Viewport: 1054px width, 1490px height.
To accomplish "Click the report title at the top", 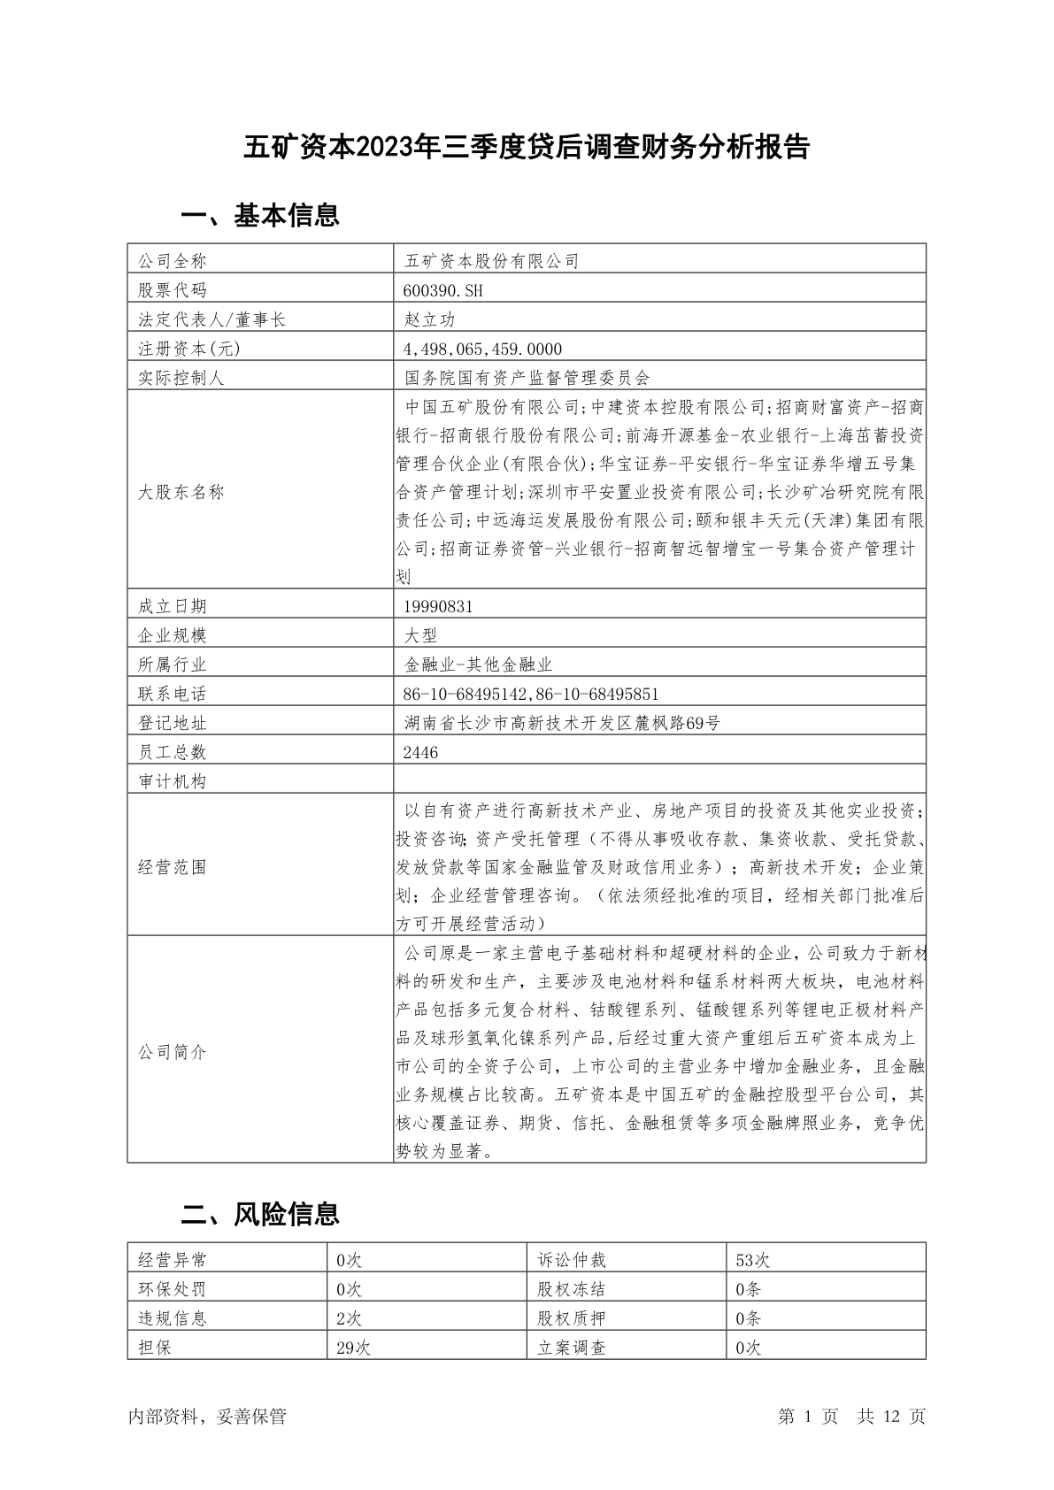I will coord(527,148).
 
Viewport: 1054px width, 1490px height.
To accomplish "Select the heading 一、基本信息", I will coord(260,215).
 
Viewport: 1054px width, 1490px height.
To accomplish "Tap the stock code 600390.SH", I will coord(444,290).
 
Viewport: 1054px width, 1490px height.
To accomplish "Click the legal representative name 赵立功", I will coord(430,319).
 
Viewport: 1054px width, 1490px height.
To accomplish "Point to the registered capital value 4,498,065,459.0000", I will coord(483,349).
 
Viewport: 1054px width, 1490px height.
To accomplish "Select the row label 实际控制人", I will coord(181,378).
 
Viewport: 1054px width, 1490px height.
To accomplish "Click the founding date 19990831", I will coord(438,606).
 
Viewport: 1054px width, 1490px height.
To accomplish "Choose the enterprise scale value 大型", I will coord(420,635).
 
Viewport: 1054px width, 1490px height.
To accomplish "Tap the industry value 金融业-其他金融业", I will coord(478,664).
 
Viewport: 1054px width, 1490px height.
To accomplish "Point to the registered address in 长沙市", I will coord(562,723).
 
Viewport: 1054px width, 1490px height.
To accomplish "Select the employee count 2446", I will coord(420,752).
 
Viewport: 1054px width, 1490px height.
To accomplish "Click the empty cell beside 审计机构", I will coord(659,781).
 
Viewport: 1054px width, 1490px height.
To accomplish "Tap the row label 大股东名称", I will coord(181,492).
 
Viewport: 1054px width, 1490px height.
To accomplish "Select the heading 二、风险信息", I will coord(260,1214).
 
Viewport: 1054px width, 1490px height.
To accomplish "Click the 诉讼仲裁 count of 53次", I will coord(752,1260).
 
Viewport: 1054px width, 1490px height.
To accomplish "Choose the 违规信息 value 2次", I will coord(350,1318).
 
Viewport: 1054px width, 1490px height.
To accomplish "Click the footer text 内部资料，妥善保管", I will coord(207,1417).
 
